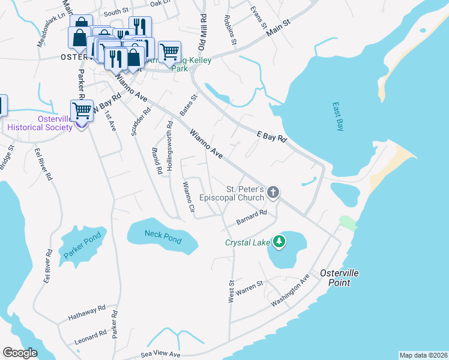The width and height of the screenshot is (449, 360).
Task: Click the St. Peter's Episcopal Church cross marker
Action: point(273,193)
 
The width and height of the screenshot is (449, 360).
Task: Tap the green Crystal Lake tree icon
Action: point(279,242)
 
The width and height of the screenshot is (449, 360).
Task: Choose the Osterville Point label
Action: point(339,277)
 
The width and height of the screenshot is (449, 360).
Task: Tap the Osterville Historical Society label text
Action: point(40,123)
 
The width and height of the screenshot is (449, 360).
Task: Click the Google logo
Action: point(20,353)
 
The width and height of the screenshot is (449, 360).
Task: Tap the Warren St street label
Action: point(250,287)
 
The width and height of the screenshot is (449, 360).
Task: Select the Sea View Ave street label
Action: point(160,355)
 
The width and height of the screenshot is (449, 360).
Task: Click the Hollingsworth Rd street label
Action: point(170,146)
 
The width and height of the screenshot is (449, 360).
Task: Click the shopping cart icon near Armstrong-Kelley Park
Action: point(170,52)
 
